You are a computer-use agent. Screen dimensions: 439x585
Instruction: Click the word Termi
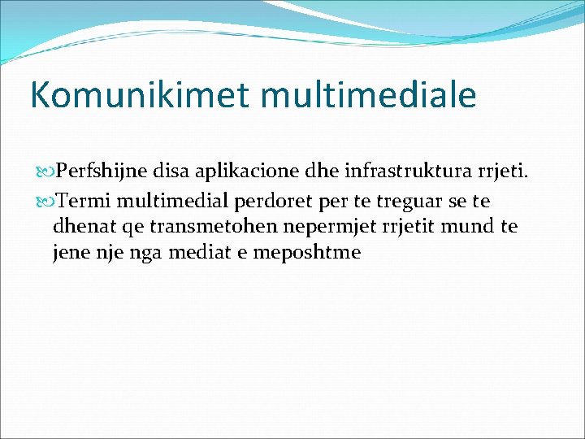tap(81, 200)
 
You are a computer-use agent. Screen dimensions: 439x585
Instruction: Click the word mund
tap(470, 226)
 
